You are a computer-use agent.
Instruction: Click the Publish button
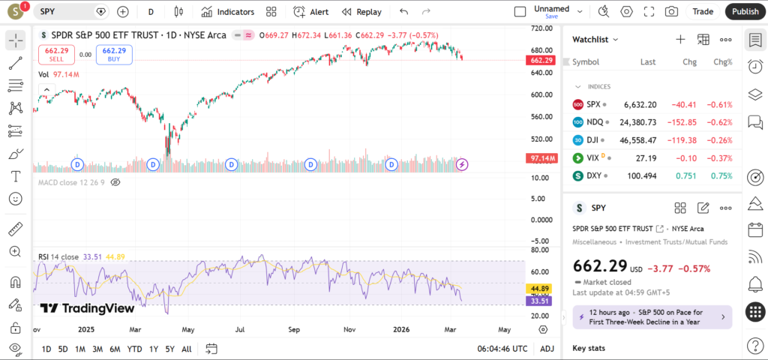(745, 11)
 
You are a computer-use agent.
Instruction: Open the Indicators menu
(227, 11)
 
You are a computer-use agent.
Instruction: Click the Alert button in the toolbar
(310, 11)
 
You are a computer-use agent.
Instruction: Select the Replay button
(361, 11)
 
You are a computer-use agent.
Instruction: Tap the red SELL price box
(57, 55)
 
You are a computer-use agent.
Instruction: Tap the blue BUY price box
(114, 55)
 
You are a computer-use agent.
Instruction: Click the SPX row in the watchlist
(649, 104)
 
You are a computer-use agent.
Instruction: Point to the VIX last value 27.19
(646, 158)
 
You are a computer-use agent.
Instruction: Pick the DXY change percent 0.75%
(722, 176)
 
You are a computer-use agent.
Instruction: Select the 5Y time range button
(170, 349)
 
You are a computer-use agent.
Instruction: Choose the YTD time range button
(135, 349)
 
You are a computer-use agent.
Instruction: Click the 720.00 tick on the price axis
(541, 28)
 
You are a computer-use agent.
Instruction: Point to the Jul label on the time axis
(241, 329)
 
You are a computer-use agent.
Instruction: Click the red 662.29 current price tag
(541, 60)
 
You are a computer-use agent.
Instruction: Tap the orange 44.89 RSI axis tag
(541, 289)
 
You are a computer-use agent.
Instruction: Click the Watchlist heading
(595, 39)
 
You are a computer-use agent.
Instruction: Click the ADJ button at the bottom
(547, 349)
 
